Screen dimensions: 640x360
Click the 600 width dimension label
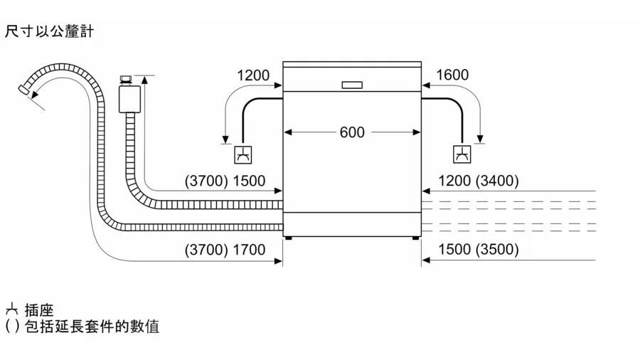(x=352, y=132)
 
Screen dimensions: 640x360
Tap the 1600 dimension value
(x=452, y=75)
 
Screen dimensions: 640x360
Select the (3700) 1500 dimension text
(x=225, y=181)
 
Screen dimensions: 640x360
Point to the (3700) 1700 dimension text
(x=225, y=250)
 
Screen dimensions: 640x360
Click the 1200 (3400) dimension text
(x=479, y=181)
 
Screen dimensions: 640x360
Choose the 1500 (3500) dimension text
(x=479, y=249)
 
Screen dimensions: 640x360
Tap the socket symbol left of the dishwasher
(x=243, y=154)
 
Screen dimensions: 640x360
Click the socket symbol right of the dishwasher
(x=462, y=154)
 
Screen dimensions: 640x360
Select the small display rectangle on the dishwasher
(x=352, y=85)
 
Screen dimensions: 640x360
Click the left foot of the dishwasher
(x=289, y=238)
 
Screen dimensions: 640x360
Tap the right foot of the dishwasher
(x=415, y=238)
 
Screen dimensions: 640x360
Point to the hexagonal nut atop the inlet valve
(x=125, y=79)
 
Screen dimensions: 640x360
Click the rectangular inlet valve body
(x=130, y=98)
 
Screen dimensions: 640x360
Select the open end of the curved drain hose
(x=23, y=90)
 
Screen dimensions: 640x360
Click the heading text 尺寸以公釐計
(x=49, y=31)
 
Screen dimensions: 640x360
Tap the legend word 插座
(x=39, y=310)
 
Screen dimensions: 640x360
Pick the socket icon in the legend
(x=12, y=309)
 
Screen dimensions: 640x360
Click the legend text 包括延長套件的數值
(x=92, y=327)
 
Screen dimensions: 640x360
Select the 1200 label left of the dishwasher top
(x=253, y=75)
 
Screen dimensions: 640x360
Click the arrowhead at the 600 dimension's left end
(x=288, y=132)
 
